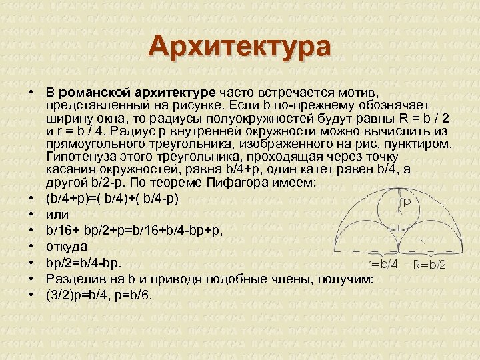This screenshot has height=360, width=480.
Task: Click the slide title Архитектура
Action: pyautogui.click(x=240, y=47)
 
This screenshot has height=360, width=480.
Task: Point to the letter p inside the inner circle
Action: pyautogui.click(x=406, y=200)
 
